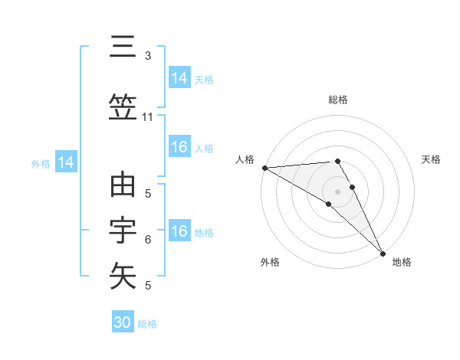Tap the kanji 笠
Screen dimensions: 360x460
pos(123,107)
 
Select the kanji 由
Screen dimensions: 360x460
pos(123,186)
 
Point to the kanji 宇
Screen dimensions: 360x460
pos(123,231)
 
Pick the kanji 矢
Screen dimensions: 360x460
pos(123,275)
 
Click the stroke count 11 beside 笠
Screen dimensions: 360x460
pos(148,117)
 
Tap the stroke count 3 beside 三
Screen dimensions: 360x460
pos(148,56)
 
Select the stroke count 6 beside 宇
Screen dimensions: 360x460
pos(148,240)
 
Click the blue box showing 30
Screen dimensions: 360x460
pos(122,322)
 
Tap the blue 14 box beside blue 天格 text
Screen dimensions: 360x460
pos(179,77)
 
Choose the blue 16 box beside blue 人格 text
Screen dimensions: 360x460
pos(179,147)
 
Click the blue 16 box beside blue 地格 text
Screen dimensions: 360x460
pos(179,231)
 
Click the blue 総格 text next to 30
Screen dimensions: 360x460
pos(147,324)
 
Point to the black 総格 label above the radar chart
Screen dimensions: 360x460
pos(338,100)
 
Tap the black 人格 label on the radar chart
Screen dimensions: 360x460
pos(245,159)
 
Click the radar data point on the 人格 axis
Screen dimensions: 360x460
pos(264,168)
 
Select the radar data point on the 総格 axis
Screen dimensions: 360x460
pos(337,161)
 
